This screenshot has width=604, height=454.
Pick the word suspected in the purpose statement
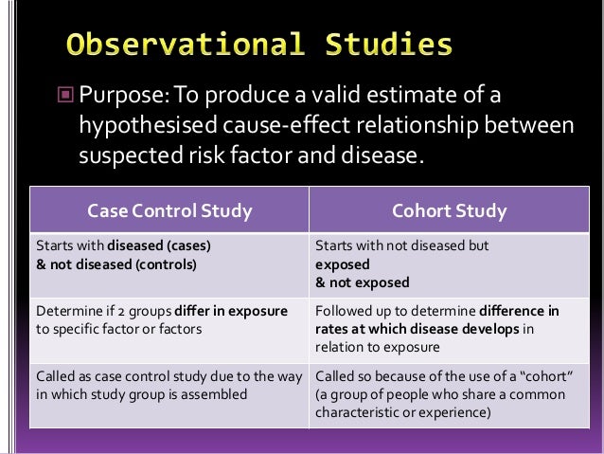point(130,153)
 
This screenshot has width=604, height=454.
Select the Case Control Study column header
point(169,210)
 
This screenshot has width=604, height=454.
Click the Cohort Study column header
point(450,210)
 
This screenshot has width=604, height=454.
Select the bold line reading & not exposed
point(362,282)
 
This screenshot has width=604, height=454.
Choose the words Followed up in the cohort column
point(349,311)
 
